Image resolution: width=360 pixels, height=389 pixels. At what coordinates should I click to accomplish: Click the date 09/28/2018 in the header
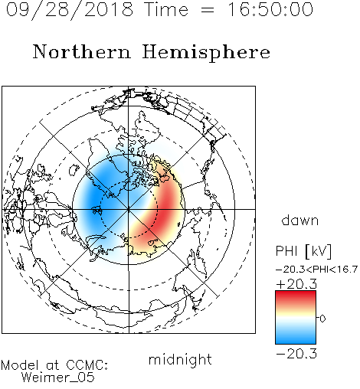point(70,10)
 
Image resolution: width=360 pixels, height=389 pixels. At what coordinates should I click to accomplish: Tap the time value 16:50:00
point(270,9)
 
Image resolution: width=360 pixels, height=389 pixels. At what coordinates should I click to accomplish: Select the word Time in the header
point(166,9)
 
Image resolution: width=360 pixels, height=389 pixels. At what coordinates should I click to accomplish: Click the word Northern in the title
point(82,52)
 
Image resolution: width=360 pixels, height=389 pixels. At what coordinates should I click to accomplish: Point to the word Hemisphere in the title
point(206,53)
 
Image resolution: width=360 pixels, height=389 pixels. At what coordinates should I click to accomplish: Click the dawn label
point(300,220)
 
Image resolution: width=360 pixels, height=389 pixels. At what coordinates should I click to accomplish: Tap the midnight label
point(180,359)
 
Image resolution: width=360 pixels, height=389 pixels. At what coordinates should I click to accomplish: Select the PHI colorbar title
point(286,251)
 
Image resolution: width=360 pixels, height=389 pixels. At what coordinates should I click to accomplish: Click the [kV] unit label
point(318,251)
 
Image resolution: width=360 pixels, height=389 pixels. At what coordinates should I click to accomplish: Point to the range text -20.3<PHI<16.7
point(316,270)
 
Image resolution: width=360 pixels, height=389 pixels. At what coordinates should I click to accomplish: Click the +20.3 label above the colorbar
point(296,284)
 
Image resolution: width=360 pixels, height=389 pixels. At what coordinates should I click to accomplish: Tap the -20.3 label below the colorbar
point(296,354)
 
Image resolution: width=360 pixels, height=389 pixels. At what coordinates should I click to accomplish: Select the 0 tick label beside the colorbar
point(322,319)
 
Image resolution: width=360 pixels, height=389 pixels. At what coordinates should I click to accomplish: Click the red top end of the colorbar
point(296,294)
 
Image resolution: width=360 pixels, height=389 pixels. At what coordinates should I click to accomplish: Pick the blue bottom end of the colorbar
point(296,341)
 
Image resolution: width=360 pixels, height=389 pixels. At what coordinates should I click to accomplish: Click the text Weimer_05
point(57,378)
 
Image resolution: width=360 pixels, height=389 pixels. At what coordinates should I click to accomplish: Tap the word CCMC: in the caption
point(87,365)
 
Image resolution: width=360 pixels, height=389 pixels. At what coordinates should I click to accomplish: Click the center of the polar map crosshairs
point(129,209)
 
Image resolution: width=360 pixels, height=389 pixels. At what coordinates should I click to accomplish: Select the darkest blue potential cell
point(93,201)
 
